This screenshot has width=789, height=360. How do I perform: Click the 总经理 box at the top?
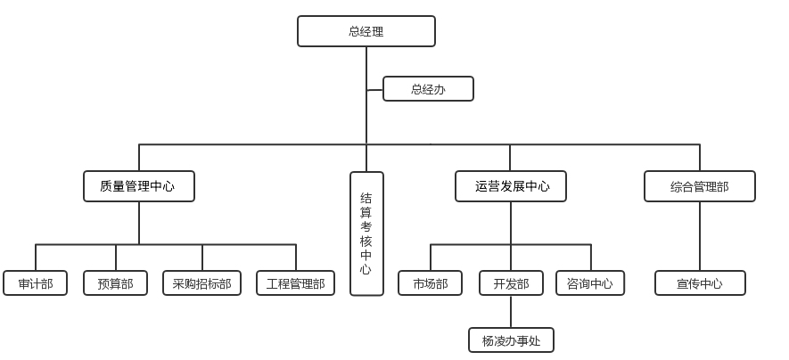pos(366,31)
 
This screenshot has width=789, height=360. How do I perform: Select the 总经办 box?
pos(428,89)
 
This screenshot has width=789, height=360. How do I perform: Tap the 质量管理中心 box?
pos(138,186)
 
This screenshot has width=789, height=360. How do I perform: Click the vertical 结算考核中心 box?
pos(366,233)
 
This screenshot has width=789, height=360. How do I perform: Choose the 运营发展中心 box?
pos(512,186)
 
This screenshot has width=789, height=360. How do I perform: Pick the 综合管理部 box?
pos(699,186)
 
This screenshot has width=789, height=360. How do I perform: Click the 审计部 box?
pos(35,283)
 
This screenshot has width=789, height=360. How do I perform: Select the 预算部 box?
pos(115,283)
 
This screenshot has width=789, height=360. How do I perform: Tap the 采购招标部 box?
pos(201,283)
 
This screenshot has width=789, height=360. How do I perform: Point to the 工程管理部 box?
pos(295,283)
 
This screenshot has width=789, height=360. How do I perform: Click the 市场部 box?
pos(430,283)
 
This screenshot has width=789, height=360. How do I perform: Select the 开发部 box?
pos(511,283)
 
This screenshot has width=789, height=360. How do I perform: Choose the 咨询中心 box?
pos(589,283)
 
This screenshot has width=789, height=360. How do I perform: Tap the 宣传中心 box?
pos(700,283)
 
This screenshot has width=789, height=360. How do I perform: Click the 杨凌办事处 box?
pos(511,340)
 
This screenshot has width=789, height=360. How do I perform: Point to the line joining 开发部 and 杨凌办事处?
pos(511,311)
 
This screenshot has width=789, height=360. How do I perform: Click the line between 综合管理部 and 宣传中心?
pos(700,236)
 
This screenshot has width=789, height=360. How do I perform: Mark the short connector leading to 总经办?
pos(374,89)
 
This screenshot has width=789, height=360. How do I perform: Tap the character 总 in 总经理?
pos(353,31)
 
